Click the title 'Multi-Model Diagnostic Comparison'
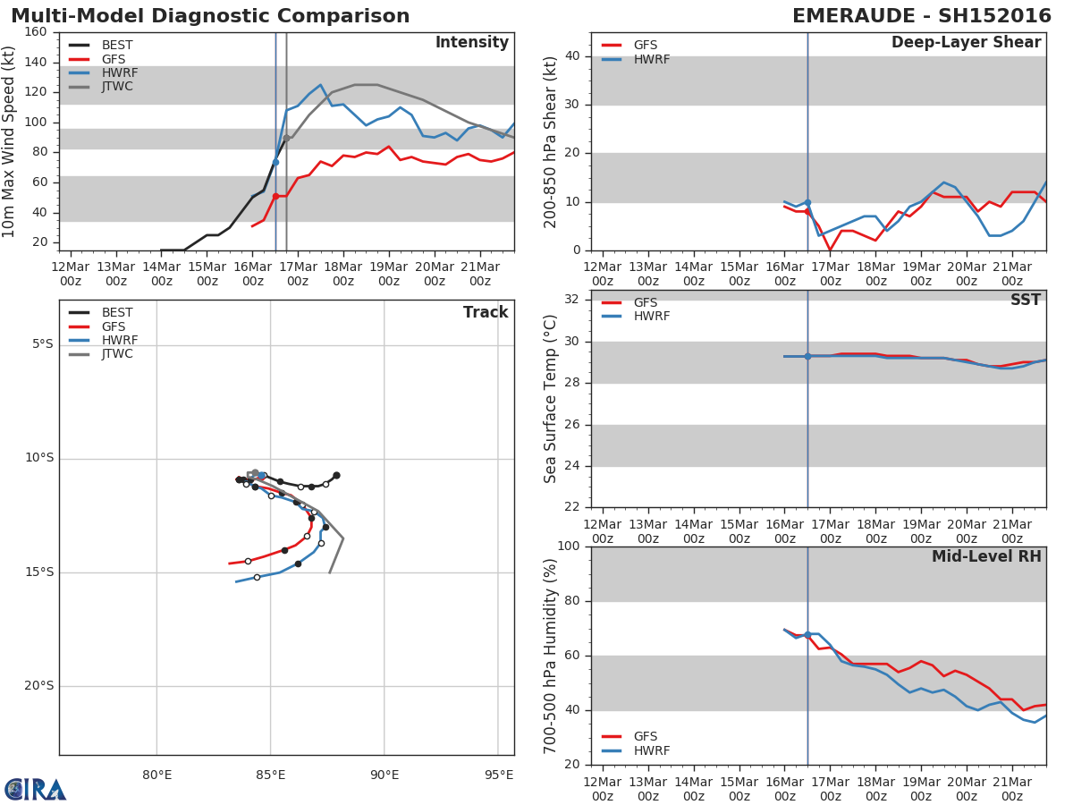click(x=210, y=16)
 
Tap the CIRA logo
click(x=36, y=790)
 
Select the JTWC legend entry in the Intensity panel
click(x=117, y=87)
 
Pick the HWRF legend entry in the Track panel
click(x=120, y=341)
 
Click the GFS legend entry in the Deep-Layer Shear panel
click(x=645, y=46)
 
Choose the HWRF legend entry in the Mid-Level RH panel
click(x=651, y=750)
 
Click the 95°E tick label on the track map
click(x=499, y=775)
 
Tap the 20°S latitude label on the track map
click(x=38, y=686)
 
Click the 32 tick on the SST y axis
click(x=571, y=300)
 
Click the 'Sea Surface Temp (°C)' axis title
click(x=551, y=398)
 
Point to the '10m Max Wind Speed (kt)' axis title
click(x=10, y=141)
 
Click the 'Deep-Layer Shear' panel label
click(x=966, y=43)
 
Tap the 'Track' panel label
click(x=486, y=312)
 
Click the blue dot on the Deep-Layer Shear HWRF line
click(x=807, y=203)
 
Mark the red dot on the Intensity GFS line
click(x=275, y=196)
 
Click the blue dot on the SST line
click(x=807, y=356)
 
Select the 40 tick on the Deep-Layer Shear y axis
click(x=571, y=56)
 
